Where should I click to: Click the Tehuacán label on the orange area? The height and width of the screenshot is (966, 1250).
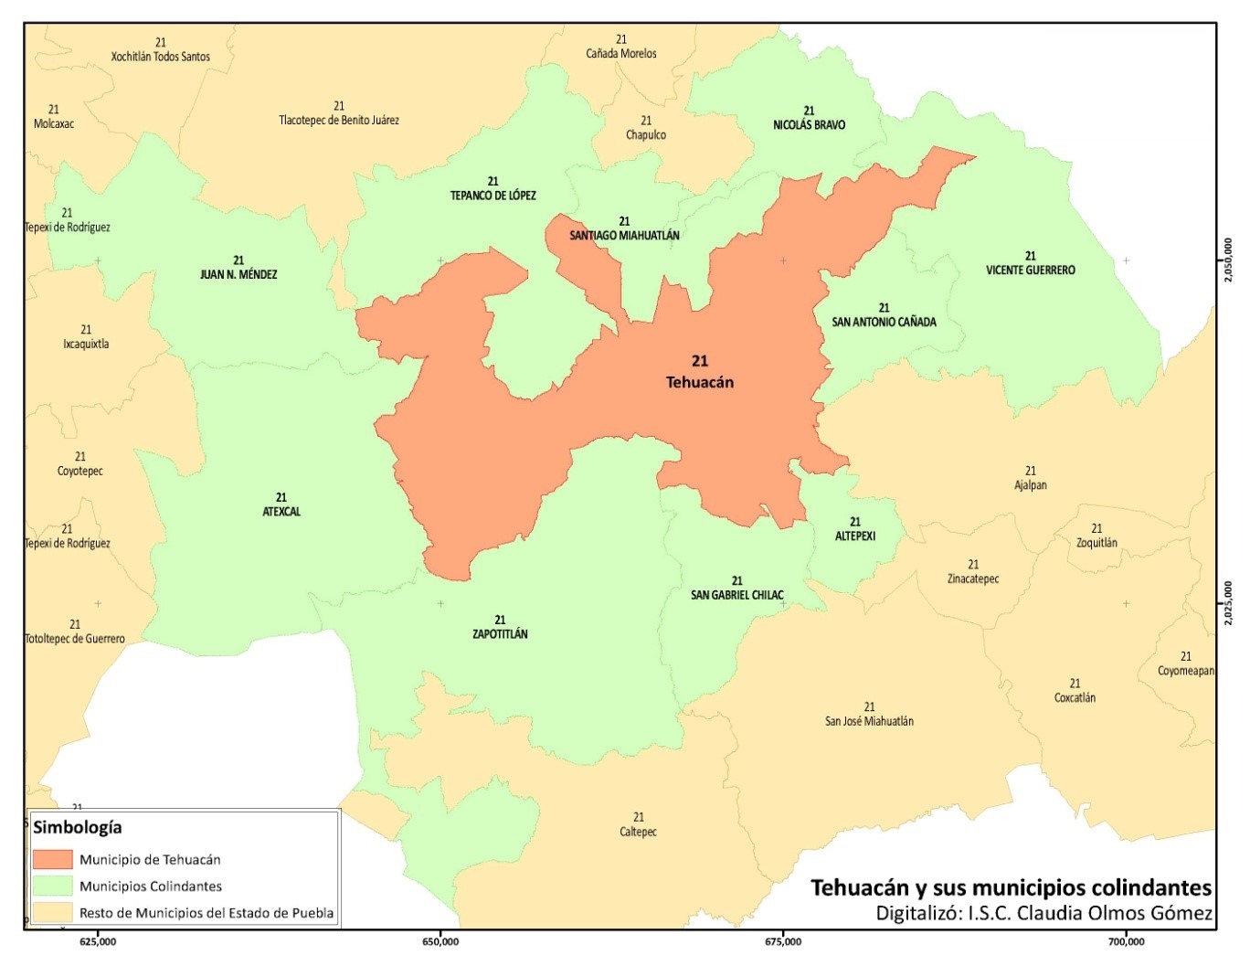pyautogui.click(x=700, y=382)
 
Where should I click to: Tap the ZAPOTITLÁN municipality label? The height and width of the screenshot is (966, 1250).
pyautogui.click(x=500, y=633)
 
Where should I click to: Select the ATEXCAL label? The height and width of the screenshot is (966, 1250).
pyautogui.click(x=281, y=512)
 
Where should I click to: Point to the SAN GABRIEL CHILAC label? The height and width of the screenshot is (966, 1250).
pyautogui.click(x=737, y=595)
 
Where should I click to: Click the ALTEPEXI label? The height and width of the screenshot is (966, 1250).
pyautogui.click(x=855, y=536)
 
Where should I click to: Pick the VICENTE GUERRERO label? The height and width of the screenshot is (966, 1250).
pyautogui.click(x=1031, y=270)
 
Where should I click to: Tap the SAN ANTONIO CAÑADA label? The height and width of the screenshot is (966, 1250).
pyautogui.click(x=884, y=322)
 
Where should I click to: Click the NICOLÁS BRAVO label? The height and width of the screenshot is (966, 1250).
pyautogui.click(x=810, y=124)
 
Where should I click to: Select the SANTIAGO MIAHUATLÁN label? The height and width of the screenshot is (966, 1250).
pyautogui.click(x=625, y=235)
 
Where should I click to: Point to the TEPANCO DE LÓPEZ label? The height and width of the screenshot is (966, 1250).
pyautogui.click(x=493, y=195)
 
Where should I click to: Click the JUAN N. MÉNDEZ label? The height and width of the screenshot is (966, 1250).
pyautogui.click(x=238, y=274)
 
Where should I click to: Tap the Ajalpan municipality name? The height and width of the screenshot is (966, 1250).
pyautogui.click(x=1031, y=485)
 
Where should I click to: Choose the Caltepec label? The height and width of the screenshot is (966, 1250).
pyautogui.click(x=638, y=832)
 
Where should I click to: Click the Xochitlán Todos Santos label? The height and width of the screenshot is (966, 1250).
pyautogui.click(x=161, y=57)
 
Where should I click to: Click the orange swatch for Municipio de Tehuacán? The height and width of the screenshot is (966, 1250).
pyautogui.click(x=52, y=859)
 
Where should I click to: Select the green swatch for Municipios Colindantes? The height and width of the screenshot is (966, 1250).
pyautogui.click(x=52, y=886)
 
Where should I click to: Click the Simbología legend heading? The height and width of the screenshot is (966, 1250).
pyautogui.click(x=77, y=827)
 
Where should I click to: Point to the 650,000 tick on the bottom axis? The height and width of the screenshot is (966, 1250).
pyautogui.click(x=440, y=941)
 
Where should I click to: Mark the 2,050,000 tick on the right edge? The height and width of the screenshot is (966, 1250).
pyautogui.click(x=1228, y=260)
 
